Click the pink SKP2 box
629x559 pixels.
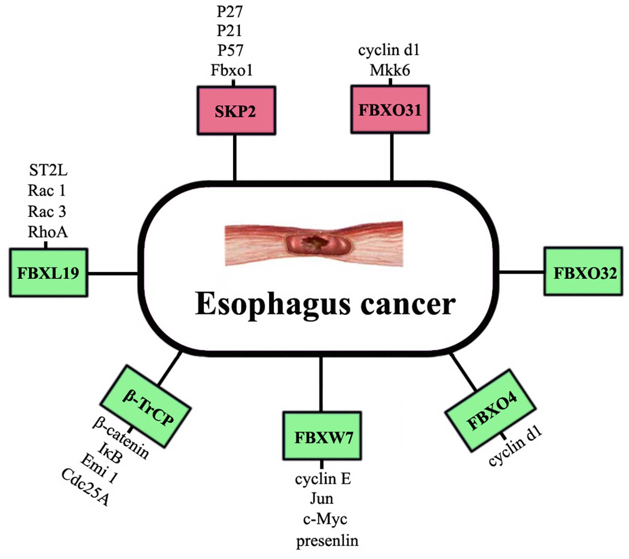tap(236, 111)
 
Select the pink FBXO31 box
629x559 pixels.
tap(390, 109)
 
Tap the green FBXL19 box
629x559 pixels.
tap(48, 273)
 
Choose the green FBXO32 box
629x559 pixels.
tap(583, 271)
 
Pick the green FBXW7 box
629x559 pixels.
tap(322, 436)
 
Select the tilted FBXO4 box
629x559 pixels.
tap(491, 410)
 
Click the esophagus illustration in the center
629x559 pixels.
tap(314, 244)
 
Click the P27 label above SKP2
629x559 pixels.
tap(230, 12)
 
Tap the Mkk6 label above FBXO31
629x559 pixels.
tap(390, 70)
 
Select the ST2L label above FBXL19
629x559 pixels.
tap(48, 171)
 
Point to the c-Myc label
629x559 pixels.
tap(325, 519)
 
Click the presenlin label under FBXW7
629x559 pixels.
tap(327, 541)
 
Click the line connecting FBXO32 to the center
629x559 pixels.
tap(521, 271)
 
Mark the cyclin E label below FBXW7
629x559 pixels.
tap(323, 479)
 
